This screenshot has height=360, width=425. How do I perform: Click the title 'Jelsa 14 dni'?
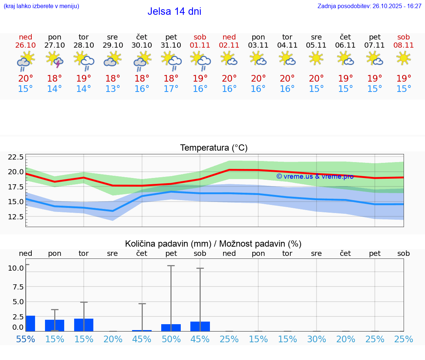click(174, 11)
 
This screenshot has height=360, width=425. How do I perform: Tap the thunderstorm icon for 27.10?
click(55, 59)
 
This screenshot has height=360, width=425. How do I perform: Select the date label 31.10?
click(171, 45)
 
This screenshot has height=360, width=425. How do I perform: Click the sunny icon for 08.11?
click(403, 58)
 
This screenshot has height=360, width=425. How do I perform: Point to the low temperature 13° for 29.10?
click(113, 89)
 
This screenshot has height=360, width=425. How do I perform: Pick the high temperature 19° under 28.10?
click(84, 78)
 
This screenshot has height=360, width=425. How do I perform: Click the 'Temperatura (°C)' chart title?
click(214, 148)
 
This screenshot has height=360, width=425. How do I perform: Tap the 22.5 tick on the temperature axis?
click(16, 157)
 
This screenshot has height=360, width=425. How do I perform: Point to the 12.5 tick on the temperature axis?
click(16, 216)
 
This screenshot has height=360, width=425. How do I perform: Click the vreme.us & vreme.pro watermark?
click(315, 176)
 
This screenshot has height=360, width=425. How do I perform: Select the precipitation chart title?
click(213, 244)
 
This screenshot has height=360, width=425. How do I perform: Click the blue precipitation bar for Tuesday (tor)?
click(84, 325)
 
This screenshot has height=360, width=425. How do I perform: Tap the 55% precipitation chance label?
click(25, 339)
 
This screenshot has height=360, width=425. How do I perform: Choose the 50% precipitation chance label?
click(171, 339)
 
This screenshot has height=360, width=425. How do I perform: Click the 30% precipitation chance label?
click(317, 339)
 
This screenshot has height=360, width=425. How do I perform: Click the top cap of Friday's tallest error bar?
click(171, 266)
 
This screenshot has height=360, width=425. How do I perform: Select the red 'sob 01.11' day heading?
click(200, 41)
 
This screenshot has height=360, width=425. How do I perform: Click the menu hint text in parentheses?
click(41, 6)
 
